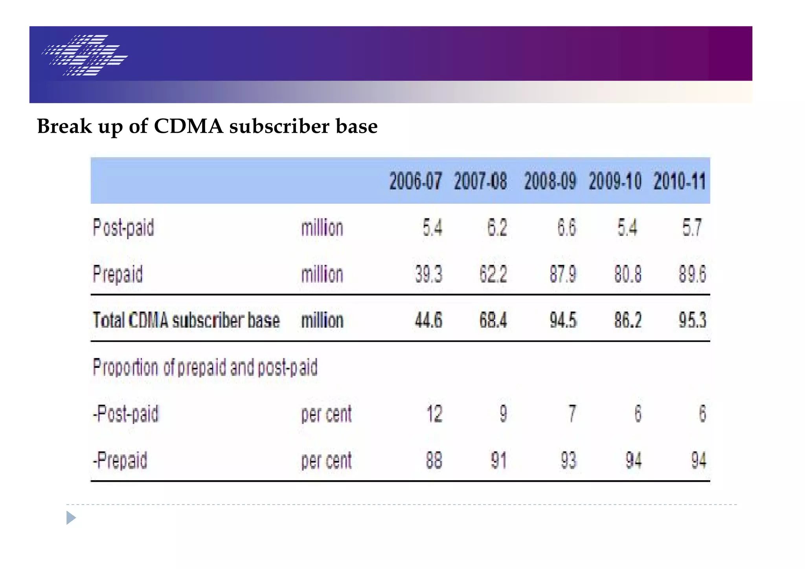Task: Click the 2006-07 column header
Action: tap(415, 181)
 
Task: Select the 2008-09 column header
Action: tap(550, 181)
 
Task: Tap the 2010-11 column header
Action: tap(680, 181)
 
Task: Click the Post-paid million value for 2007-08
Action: tap(497, 228)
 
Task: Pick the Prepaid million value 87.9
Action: tap(563, 274)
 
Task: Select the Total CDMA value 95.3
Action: tap(692, 320)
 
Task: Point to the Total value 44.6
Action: tap(428, 320)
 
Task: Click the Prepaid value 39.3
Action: tap(428, 274)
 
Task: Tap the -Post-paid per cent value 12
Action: tap(434, 414)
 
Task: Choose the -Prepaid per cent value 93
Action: tap(568, 460)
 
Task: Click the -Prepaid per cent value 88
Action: tap(434, 460)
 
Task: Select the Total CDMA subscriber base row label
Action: tap(186, 320)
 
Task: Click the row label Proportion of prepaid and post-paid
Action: tap(205, 367)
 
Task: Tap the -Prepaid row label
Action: tap(120, 460)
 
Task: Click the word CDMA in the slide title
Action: tap(188, 127)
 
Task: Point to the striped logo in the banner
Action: tap(85, 55)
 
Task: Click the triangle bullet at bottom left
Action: tap(71, 518)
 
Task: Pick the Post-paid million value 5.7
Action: tap(692, 228)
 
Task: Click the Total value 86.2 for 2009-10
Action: tap(628, 320)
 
